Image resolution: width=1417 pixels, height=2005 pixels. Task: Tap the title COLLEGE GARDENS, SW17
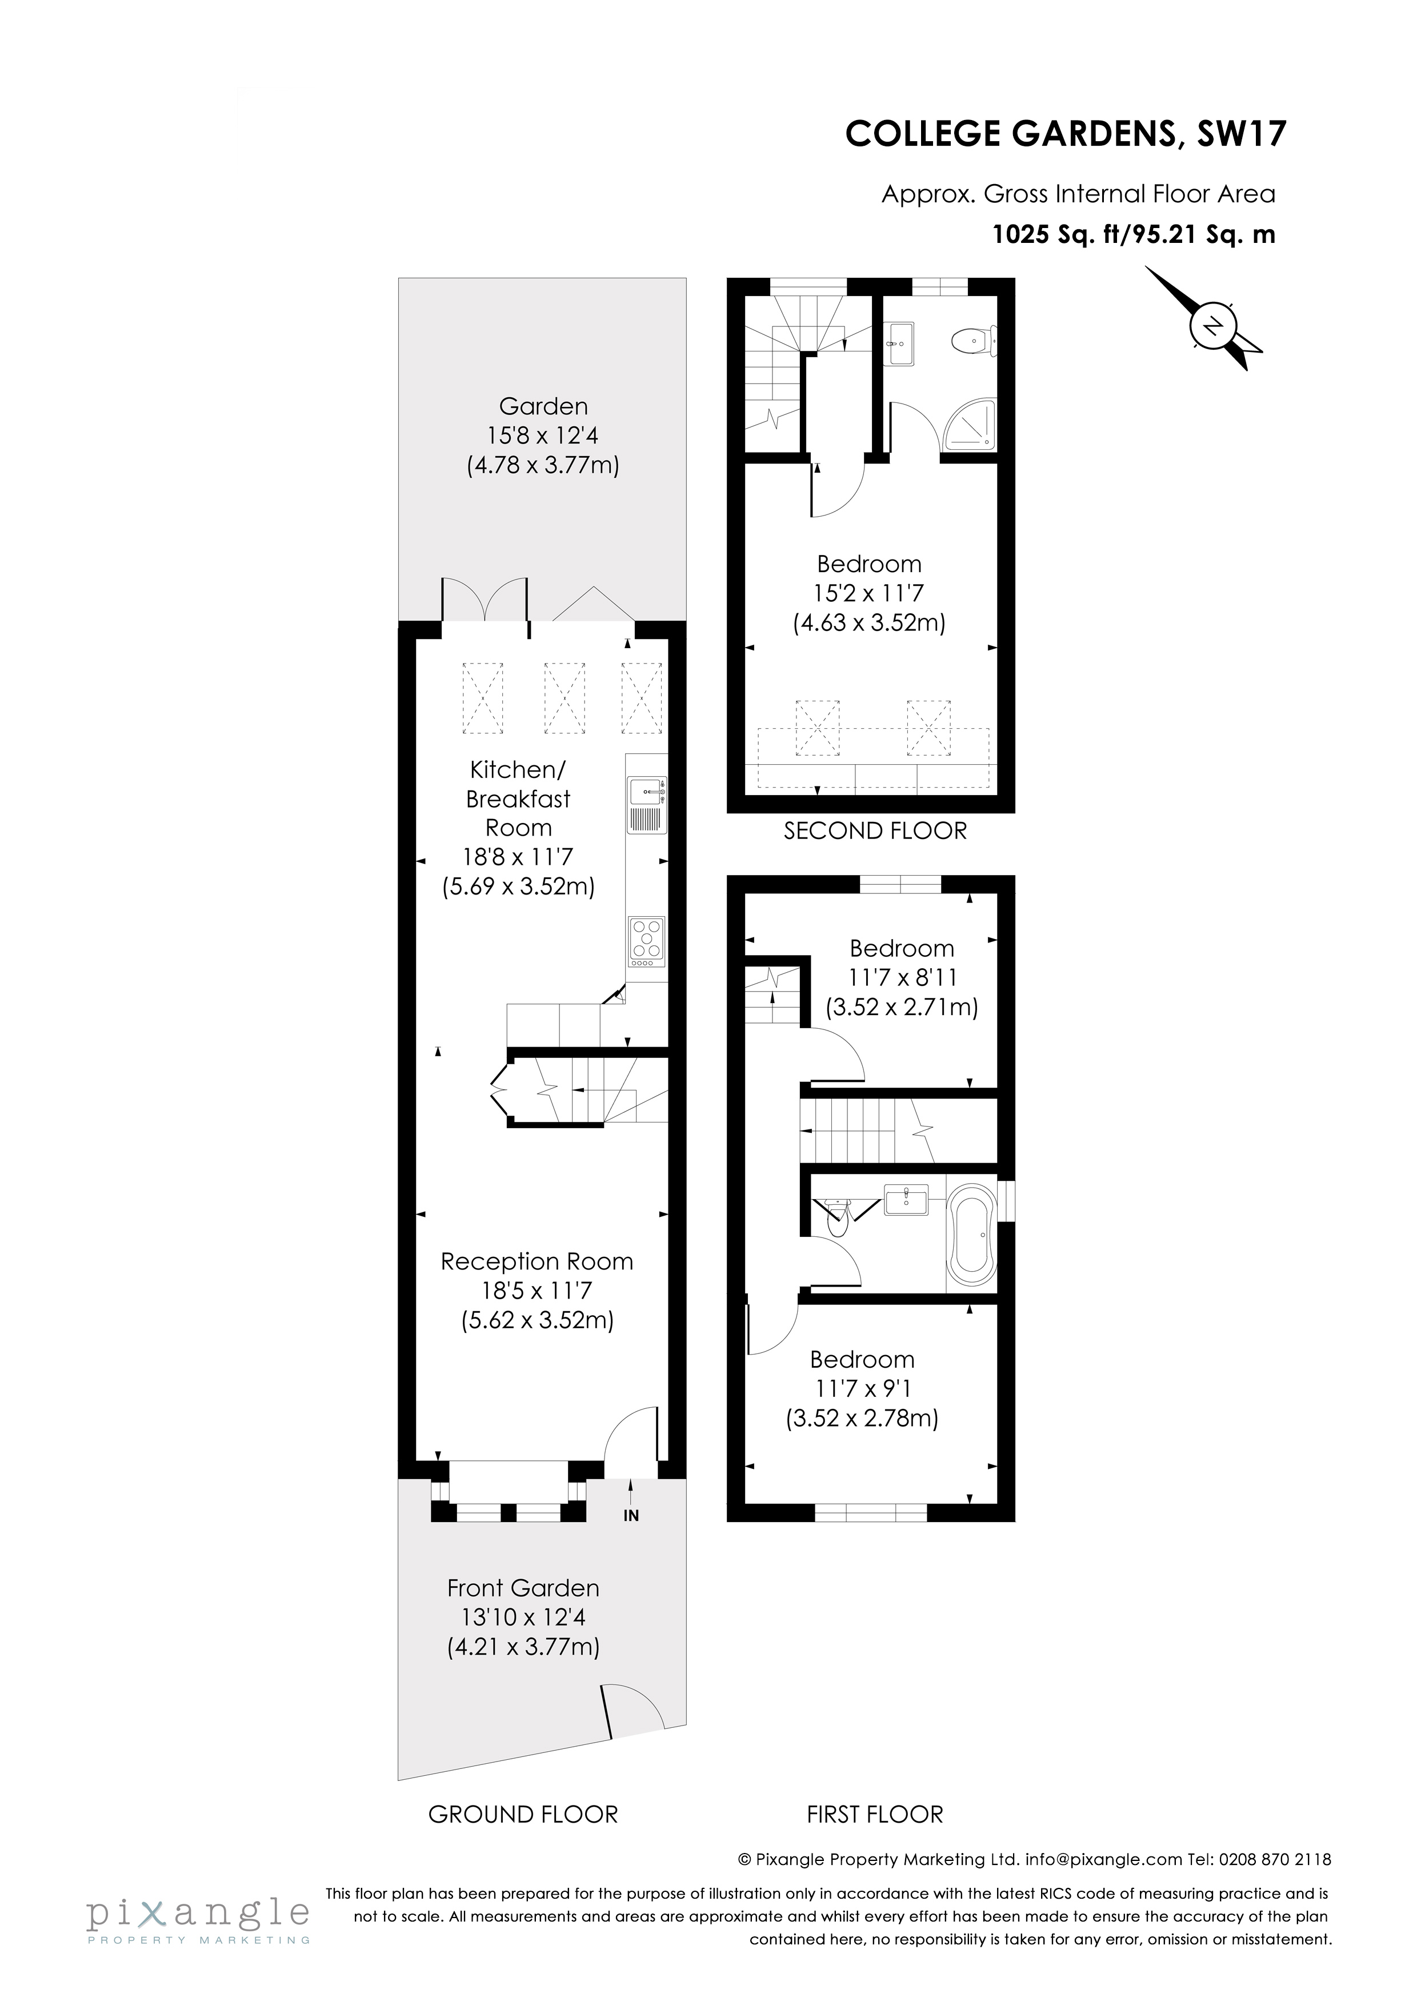coord(1065,134)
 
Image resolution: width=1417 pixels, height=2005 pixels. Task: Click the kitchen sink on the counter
coord(646,791)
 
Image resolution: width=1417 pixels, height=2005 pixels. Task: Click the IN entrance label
coord(630,1516)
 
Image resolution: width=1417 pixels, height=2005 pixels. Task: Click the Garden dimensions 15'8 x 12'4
coord(542,435)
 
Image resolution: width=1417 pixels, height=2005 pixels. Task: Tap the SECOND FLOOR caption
coord(875,830)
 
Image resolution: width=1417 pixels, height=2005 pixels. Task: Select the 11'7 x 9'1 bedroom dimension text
coord(862,1388)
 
